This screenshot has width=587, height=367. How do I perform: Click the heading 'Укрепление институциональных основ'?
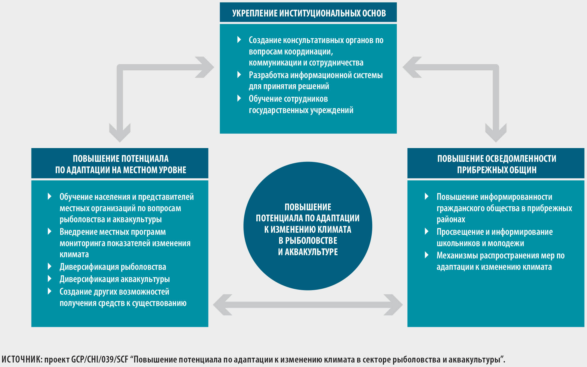tap(309, 13)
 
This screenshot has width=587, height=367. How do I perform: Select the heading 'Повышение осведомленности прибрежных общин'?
tap(496, 164)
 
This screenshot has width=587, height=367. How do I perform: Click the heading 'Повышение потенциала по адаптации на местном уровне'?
tap(120, 164)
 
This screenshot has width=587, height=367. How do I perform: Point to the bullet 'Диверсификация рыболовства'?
tap(113, 267)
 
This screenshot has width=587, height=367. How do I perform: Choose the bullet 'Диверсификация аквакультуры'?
tap(114, 279)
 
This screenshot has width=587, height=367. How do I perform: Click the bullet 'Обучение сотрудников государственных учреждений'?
tap(301, 104)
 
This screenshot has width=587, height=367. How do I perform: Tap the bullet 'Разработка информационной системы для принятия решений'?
tap(315, 80)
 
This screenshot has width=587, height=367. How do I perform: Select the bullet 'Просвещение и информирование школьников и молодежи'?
tap(494, 237)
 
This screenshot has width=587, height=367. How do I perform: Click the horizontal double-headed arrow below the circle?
tap(308, 305)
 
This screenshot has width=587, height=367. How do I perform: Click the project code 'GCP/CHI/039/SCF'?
tap(100, 360)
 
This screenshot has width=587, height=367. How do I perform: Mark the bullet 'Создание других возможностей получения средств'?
tap(123, 297)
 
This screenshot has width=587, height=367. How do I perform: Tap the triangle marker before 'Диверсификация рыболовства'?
tap(50, 266)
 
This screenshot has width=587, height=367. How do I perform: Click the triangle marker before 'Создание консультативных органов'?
tap(239, 39)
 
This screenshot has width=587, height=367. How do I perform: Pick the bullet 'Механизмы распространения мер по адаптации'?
tap(500, 261)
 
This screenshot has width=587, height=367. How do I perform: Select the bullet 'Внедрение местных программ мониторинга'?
tap(125, 243)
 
